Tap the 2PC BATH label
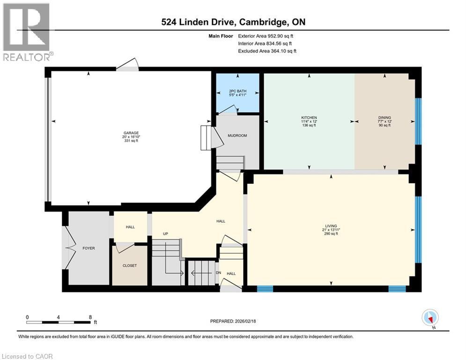click(237, 90)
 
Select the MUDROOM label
click(237, 135)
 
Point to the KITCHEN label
click(309, 118)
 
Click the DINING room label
click(385, 118)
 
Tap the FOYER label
click(89, 248)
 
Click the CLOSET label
click(130, 265)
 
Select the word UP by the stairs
click(165, 233)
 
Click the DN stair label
click(218, 273)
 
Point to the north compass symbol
click(429, 318)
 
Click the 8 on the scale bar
click(90, 317)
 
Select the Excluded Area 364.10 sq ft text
click(267, 51)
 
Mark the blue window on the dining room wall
click(418, 121)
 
